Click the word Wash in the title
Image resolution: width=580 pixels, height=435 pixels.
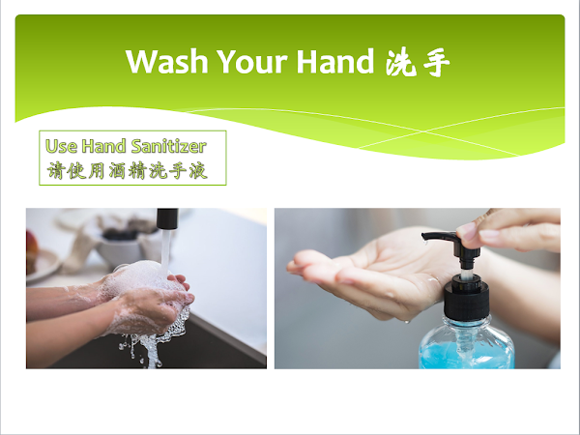point(167,62)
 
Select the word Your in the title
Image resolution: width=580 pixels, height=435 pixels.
point(252,62)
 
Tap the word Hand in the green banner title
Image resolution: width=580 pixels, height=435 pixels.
point(335,61)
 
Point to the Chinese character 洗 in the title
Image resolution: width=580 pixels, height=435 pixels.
point(400,62)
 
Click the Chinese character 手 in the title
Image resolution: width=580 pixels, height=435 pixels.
point(437,63)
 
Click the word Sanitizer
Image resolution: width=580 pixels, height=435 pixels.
point(168,146)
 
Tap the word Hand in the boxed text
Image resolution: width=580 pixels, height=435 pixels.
point(104,146)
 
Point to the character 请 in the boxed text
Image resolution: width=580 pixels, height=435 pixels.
point(56,170)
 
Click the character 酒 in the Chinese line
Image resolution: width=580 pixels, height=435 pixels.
point(117,170)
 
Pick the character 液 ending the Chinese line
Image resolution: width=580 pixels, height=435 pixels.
point(198,170)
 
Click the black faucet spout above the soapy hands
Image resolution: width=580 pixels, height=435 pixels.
point(167,218)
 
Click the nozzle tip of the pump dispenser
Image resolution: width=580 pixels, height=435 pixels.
point(424,236)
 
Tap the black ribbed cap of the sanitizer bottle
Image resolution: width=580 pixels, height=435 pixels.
point(467,299)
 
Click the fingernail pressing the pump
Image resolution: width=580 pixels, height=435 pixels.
point(466,232)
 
